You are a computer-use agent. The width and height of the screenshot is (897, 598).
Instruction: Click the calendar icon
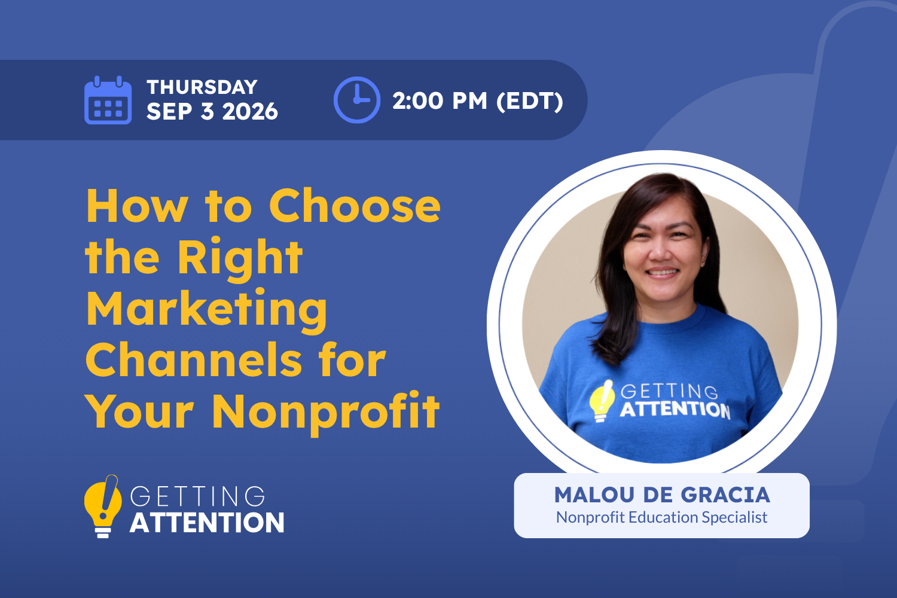pos(108,100)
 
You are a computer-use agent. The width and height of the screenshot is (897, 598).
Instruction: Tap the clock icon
pos(357,100)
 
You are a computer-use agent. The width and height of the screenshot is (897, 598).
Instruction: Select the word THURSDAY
pos(202,87)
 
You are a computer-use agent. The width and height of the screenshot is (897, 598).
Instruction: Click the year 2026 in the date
pos(250,111)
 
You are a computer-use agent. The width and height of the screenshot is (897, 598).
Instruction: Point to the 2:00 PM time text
pos(440,100)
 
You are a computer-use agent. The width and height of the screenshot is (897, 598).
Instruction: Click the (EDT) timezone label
pos(530,101)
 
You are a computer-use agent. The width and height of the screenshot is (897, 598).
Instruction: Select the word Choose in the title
pos(355,206)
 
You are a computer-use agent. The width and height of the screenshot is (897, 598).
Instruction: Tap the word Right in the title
pos(240,259)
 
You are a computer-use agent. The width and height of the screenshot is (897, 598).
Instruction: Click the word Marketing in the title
pos(207,310)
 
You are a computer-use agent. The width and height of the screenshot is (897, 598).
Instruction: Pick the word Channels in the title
pos(193,359)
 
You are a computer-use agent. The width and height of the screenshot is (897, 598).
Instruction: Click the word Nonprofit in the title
pos(326,413)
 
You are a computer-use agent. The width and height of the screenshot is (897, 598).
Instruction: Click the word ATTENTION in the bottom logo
pos(207,522)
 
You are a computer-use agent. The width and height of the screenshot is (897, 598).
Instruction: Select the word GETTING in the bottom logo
pos(197,496)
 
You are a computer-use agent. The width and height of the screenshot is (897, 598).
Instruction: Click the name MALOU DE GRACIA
pos(662,495)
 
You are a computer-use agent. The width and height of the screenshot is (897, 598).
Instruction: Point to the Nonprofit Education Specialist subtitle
pos(662,517)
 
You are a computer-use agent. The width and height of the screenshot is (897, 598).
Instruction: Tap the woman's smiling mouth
pos(661,272)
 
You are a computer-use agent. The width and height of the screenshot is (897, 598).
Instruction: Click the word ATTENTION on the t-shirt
pos(675,410)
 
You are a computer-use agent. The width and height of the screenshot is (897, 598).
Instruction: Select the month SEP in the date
pos(169,111)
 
